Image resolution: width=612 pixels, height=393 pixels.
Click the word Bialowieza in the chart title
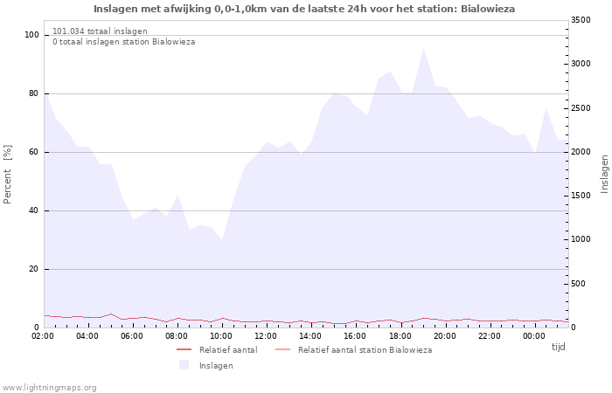488,9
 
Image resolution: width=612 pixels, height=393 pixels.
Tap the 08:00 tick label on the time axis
177,336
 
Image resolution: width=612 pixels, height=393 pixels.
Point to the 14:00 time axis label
310,336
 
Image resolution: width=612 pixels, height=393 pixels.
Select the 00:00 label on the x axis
534,336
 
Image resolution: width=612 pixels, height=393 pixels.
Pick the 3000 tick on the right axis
581,64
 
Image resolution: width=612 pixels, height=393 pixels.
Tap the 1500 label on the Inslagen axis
581,196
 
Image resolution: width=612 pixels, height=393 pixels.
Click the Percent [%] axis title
8,175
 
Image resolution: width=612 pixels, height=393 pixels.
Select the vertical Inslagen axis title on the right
604,175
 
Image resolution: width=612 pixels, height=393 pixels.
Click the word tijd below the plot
558,347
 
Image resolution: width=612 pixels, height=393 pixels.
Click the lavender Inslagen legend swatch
184,365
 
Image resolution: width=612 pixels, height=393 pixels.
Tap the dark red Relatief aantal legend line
184,349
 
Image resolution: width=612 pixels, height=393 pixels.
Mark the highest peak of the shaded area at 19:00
423,49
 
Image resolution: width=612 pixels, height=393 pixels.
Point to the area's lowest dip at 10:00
222,239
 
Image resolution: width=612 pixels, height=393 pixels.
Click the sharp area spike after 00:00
546,108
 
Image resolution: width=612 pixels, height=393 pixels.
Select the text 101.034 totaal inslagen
100,31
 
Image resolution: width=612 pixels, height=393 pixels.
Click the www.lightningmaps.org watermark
49,388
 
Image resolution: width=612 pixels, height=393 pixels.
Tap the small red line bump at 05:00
111,314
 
